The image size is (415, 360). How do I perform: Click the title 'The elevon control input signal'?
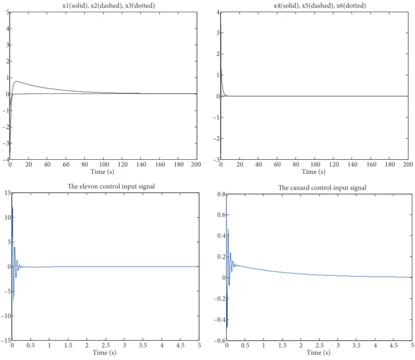pos(111,187)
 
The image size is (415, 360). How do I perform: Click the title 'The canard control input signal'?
pos(322,188)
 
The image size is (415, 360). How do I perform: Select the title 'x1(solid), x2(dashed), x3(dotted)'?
pos(109,6)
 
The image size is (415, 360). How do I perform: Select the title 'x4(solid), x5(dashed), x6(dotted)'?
pos(320,6)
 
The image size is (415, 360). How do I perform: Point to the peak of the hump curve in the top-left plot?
pos(17,82)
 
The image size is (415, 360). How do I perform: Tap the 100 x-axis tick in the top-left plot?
pos(104,165)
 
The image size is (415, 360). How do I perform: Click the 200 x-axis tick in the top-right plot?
pos(408,165)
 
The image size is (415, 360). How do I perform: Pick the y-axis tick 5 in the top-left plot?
pos(8,12)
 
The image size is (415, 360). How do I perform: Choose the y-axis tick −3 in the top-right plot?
pos(216,159)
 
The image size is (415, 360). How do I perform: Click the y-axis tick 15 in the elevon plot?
pos(8,193)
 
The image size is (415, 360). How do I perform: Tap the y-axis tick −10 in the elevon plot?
pos(6,316)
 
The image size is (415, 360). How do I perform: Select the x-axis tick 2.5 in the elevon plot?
pos(106,345)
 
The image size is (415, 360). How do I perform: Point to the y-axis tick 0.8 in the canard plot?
pos(221,194)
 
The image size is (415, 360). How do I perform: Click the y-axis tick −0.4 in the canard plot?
pos(219,320)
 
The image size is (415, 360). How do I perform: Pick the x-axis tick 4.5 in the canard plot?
pos(393,345)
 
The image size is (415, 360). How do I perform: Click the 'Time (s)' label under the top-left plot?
pos(102,172)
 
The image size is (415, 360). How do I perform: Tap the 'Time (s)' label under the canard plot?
pos(318,352)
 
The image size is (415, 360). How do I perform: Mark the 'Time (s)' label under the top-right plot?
pos(313,172)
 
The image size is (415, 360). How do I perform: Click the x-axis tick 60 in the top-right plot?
pos(277,165)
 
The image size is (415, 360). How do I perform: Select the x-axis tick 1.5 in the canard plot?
pos(282,345)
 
